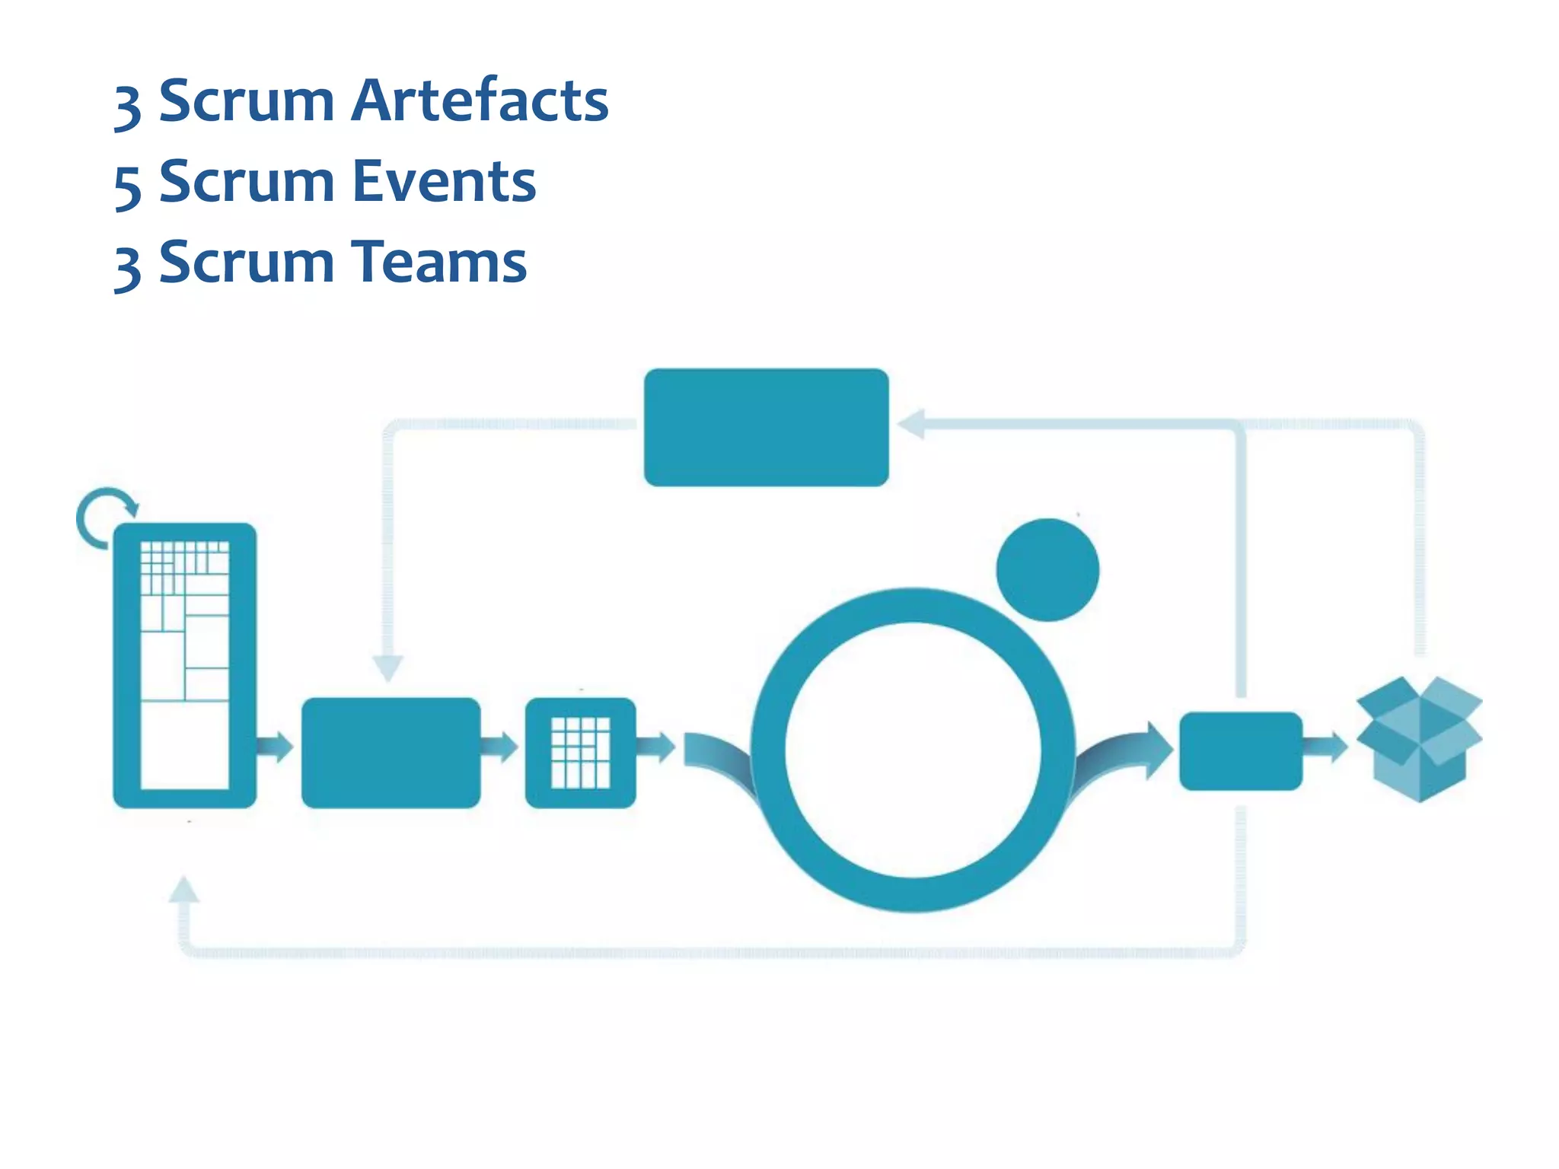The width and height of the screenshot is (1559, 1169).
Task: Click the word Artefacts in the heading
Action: (479, 100)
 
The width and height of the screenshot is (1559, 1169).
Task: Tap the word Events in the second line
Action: (444, 182)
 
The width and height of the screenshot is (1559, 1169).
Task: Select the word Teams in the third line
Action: (439, 262)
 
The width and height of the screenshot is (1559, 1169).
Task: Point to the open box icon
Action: (1419, 738)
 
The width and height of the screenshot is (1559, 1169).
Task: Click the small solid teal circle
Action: (1047, 569)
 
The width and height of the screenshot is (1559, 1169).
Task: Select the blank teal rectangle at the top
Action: (766, 427)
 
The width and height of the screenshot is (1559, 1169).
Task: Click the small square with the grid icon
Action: (580, 752)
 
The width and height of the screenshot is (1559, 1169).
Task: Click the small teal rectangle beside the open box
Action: (1240, 750)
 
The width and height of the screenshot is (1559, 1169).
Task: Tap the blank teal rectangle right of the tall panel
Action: (391, 752)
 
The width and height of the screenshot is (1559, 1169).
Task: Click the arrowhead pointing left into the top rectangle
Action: (911, 424)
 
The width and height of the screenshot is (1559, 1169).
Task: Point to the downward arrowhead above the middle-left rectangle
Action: (387, 667)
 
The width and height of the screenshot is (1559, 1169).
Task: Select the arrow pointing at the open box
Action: (1325, 747)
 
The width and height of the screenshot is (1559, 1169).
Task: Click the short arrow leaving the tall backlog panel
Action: (274, 747)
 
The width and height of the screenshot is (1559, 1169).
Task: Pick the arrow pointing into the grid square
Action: (499, 747)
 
